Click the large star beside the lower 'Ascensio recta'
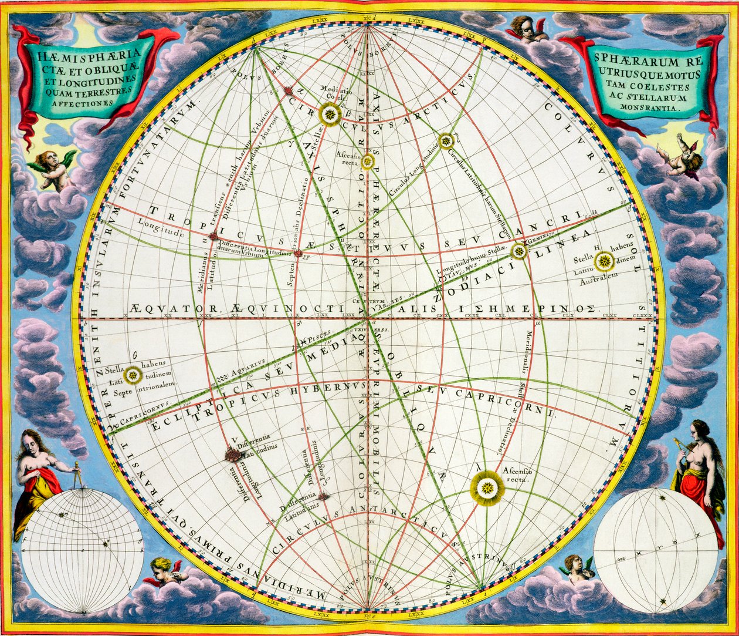tap(487, 487)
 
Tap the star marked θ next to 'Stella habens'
tap(133, 374)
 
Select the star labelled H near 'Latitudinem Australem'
tap(604, 262)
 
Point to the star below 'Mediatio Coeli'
tap(331, 114)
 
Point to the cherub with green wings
tap(55, 168)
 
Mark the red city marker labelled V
tap(234, 453)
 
